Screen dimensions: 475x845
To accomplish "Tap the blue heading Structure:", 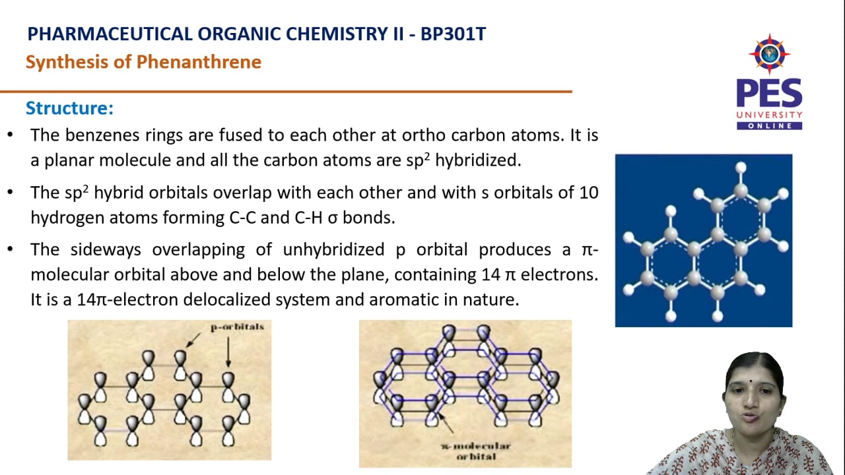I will tap(69, 108).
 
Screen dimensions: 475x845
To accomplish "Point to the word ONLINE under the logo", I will tap(769, 125).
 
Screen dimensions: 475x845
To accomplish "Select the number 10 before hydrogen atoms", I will tap(589, 193).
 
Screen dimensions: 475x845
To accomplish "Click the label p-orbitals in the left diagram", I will tap(237, 327).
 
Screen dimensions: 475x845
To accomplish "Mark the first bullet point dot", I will tap(10, 135).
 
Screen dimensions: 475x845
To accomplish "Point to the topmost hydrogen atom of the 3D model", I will tap(740, 168).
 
